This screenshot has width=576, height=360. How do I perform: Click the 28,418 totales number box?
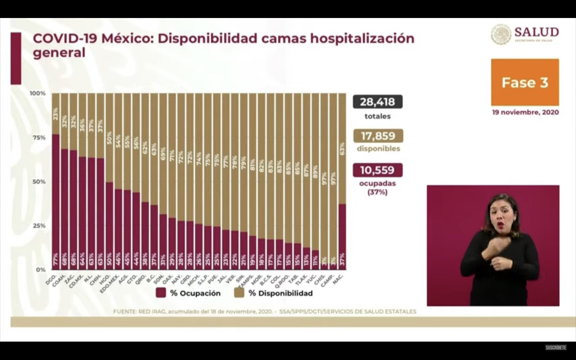tap(377, 102)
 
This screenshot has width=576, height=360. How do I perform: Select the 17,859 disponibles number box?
tap(378, 136)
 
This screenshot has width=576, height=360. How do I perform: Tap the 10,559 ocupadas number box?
tap(377, 170)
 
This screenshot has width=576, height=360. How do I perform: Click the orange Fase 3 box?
tap(525, 82)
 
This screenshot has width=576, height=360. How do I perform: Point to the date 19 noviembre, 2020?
tap(525, 112)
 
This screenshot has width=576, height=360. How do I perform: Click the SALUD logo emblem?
tap(501, 34)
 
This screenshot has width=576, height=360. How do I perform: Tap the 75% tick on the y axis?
tap(39, 138)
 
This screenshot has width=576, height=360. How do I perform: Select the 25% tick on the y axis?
tap(39, 226)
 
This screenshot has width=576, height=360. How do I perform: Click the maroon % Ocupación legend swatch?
tap(161, 293)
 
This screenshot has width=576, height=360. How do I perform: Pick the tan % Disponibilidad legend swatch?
tap(239, 293)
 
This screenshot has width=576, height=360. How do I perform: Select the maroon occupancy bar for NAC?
tap(342, 236)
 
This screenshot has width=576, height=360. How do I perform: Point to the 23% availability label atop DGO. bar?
tap(56, 114)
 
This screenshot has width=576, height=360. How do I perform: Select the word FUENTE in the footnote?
tap(124, 312)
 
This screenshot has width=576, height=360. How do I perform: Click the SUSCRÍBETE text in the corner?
tap(556, 348)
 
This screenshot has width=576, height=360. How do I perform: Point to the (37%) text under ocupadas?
tap(377, 192)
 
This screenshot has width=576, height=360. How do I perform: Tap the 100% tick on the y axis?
tap(38, 93)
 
